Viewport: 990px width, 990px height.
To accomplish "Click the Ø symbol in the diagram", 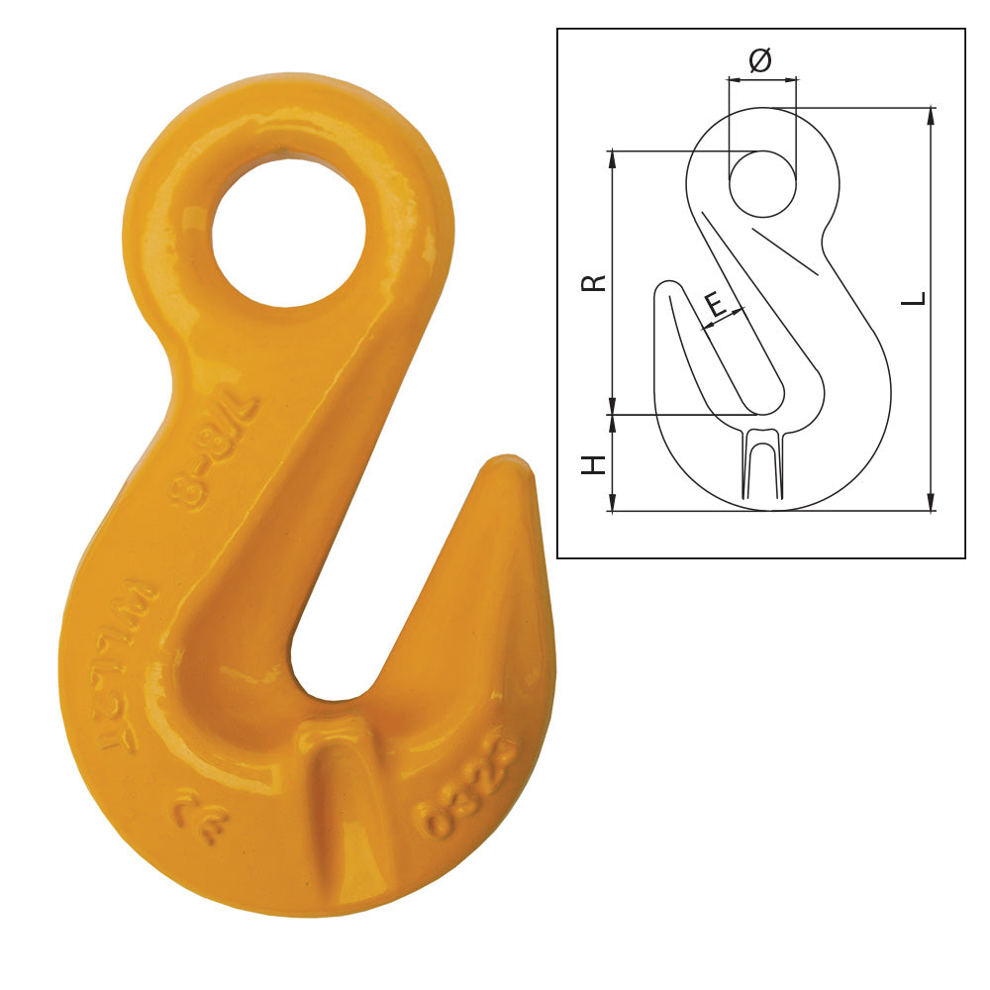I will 760,61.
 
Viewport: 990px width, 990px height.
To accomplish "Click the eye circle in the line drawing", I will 762,183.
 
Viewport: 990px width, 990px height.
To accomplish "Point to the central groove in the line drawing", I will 761,465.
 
